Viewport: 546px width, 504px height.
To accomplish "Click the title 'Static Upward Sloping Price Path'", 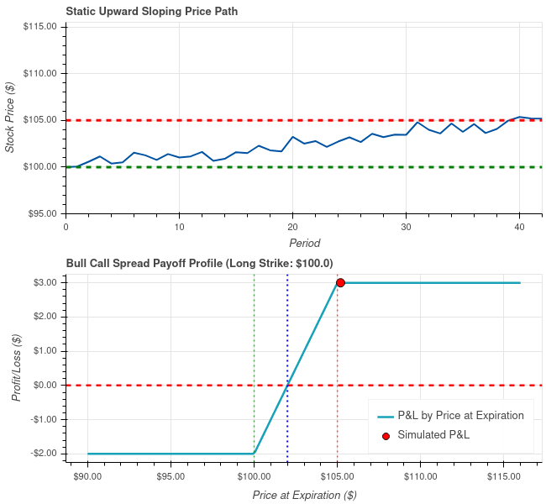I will [x=151, y=11].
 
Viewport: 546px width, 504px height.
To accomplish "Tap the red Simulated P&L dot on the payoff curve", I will [x=340, y=282].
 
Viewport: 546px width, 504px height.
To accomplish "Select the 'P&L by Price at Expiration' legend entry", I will [x=460, y=415].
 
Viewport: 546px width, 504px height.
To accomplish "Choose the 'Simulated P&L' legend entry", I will [x=433, y=435].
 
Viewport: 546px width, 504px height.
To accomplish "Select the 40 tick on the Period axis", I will [x=519, y=227].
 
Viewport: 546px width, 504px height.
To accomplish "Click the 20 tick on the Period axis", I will [x=292, y=227].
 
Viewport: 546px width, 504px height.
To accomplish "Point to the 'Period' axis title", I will [x=304, y=243].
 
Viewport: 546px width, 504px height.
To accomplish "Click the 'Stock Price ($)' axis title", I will [x=10, y=116].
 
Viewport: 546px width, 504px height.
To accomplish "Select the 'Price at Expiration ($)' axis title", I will [x=304, y=495].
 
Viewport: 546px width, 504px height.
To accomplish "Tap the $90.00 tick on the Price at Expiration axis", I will [x=87, y=475].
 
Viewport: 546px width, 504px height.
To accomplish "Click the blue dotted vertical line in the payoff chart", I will [x=287, y=336].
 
